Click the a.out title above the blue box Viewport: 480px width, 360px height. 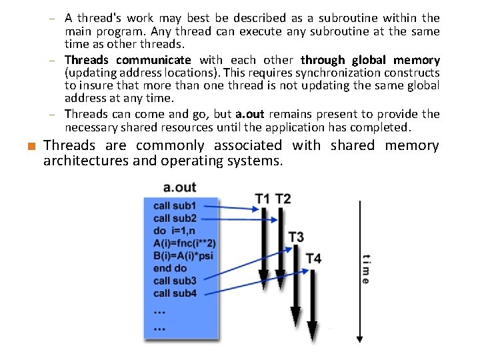(179, 187)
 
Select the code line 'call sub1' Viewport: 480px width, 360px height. (175, 206)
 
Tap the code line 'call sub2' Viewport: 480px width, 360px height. (175, 218)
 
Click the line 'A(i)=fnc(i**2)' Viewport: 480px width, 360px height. (184, 243)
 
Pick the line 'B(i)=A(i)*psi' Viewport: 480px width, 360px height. (183, 255)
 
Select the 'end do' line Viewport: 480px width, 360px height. (170, 268)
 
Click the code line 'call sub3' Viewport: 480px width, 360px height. (175, 281)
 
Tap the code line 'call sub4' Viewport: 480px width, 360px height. (175, 293)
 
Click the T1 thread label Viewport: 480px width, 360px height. (263, 199)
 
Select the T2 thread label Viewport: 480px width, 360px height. (283, 199)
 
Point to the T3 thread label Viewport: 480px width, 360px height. (296, 237)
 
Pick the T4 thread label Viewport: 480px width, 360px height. (313, 258)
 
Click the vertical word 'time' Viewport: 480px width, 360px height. (365, 269)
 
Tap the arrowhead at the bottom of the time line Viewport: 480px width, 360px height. (359, 338)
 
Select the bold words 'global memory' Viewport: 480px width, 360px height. (404, 60)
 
